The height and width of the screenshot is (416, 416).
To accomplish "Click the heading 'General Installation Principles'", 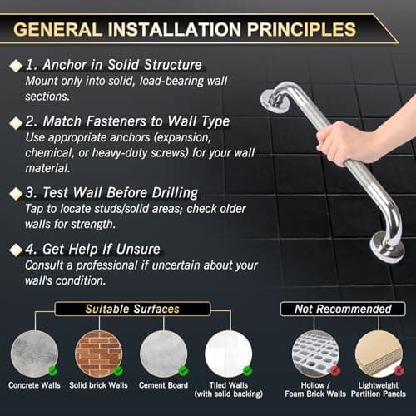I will tap(185, 28).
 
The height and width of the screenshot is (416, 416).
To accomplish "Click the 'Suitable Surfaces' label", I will tap(131, 310).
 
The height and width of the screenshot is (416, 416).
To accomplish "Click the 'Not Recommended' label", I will tap(342, 310).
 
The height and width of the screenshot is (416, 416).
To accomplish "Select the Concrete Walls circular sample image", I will tap(33, 353).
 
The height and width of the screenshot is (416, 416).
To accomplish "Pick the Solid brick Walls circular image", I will tap(98, 353).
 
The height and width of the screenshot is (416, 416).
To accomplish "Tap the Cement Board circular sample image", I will tap(163, 353).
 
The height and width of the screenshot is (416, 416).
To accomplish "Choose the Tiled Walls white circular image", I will tap(228, 353).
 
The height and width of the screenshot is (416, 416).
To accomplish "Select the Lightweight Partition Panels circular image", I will tap(379, 353).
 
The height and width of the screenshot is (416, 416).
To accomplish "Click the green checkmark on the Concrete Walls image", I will tap(52, 370).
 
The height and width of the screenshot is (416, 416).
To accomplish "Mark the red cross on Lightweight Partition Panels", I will tap(399, 370).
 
